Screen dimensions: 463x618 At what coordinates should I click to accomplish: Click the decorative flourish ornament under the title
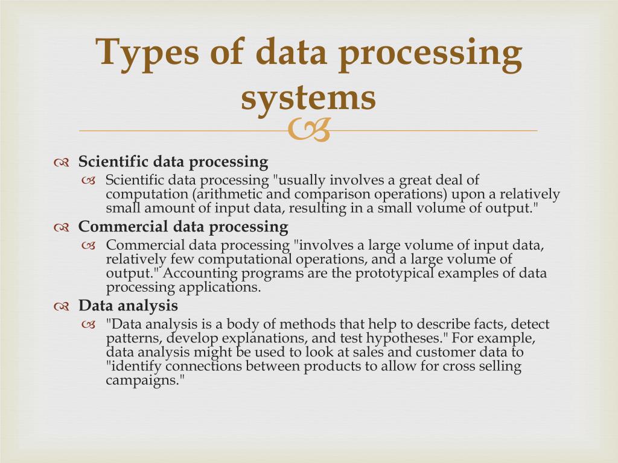pos(309,130)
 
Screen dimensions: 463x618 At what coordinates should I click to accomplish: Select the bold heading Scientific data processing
pos(173,162)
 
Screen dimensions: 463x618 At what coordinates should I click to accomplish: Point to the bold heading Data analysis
pos(128,305)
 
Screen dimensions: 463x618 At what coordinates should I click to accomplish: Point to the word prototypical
pos(395,273)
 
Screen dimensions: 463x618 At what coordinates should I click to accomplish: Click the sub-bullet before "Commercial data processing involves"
pos(89,245)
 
